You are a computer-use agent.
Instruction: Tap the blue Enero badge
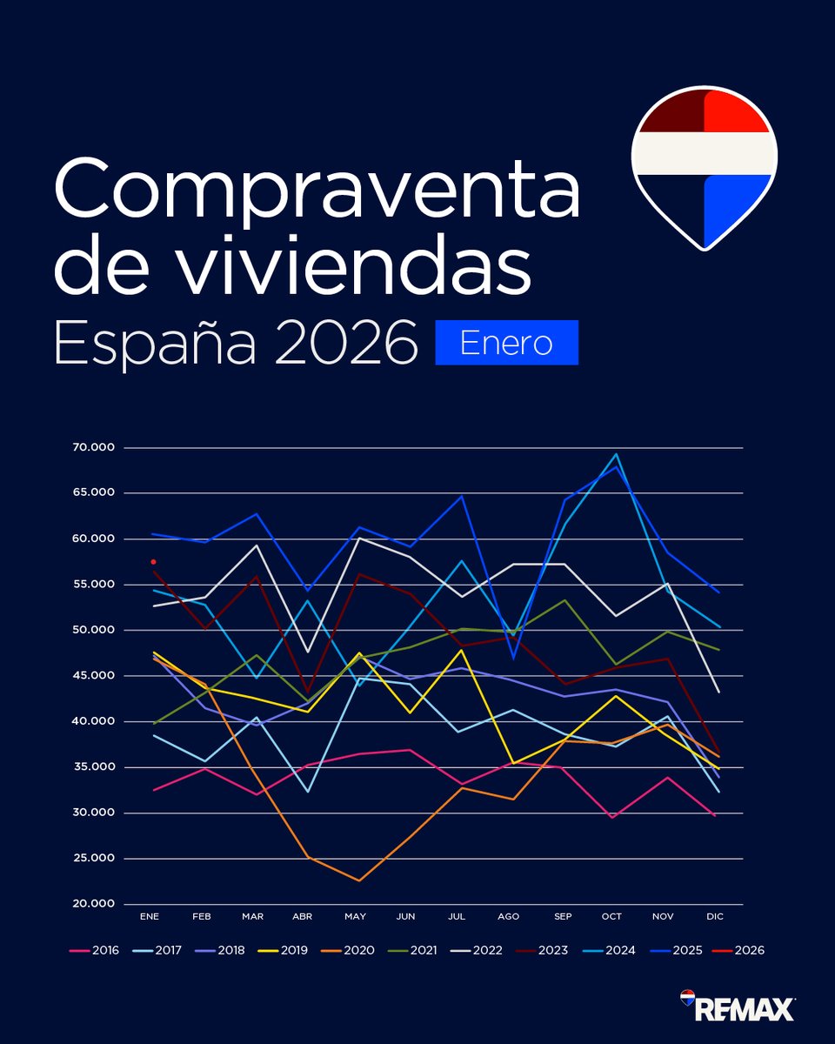click(506, 343)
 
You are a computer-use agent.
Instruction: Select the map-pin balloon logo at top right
click(704, 165)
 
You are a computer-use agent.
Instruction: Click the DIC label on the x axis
click(715, 917)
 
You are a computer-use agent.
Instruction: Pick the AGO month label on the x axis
click(508, 917)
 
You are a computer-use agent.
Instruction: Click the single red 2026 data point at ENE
click(153, 562)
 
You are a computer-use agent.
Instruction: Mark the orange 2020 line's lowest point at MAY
click(358, 880)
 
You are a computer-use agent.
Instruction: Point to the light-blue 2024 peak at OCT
click(616, 454)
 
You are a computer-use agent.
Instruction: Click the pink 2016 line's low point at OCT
click(612, 817)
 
